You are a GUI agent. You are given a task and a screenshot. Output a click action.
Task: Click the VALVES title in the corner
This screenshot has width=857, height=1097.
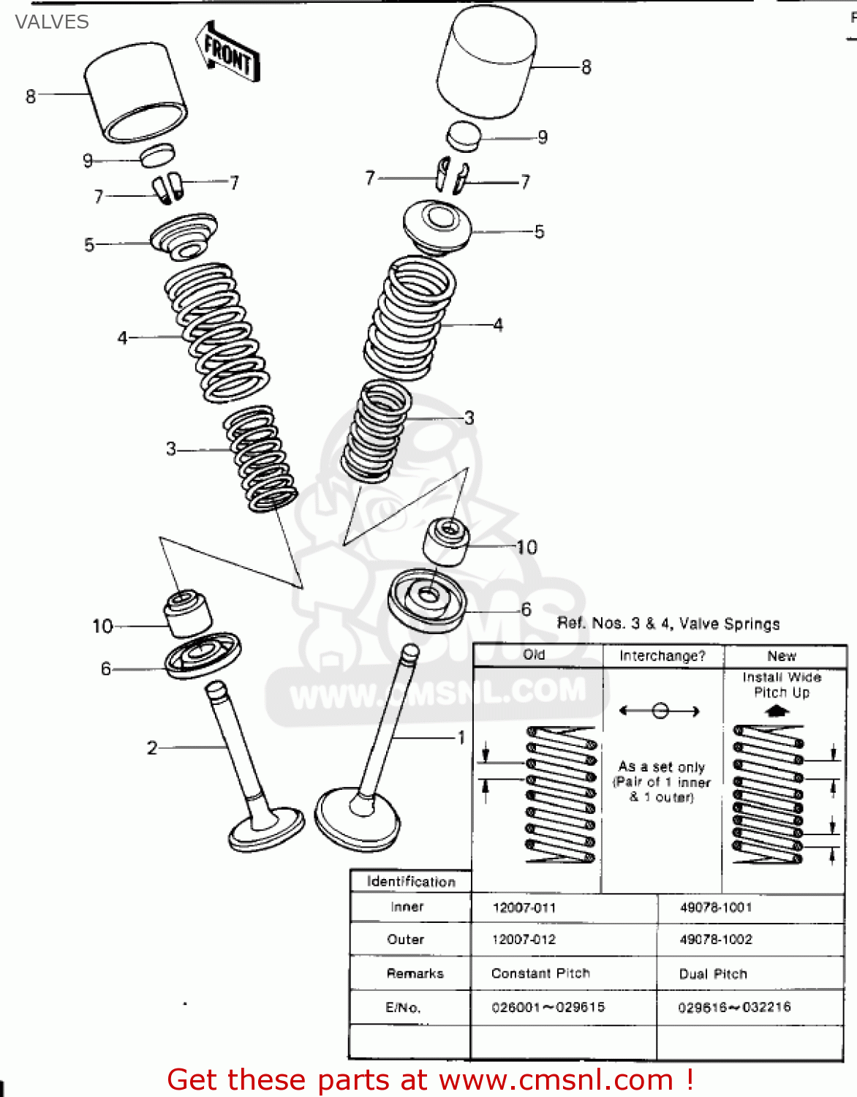point(51,22)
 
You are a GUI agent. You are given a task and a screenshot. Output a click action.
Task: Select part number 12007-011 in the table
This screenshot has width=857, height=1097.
point(524,908)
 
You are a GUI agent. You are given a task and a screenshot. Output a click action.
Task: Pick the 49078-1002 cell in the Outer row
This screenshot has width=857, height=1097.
point(716,940)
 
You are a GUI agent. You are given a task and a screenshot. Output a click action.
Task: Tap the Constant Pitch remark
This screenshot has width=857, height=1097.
point(540,973)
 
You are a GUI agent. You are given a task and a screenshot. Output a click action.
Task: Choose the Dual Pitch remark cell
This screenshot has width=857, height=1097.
point(713,974)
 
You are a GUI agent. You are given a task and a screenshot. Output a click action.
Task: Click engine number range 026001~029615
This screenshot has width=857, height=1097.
point(548,1007)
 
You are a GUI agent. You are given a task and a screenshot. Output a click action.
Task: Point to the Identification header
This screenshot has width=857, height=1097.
point(411,881)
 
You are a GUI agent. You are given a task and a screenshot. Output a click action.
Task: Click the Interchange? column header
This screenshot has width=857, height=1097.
point(662,656)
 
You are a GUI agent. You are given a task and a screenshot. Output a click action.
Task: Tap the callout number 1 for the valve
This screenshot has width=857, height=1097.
point(461,737)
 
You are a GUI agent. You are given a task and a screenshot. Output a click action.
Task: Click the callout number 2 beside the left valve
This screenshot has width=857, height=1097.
point(152,747)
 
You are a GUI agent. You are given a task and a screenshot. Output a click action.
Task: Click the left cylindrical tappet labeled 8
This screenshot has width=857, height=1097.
point(135,91)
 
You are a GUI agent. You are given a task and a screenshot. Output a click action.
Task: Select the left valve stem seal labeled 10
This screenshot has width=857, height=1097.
point(186,613)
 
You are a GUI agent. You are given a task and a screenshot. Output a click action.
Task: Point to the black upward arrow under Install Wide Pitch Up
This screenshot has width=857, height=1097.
point(776,710)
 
